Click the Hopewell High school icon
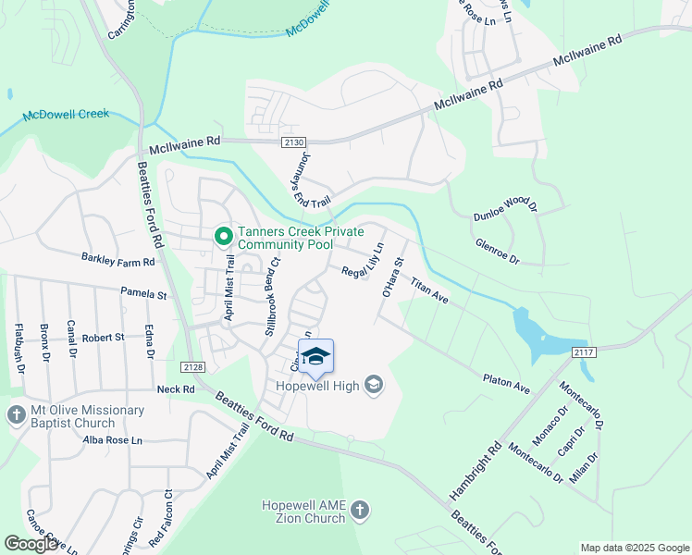point(374,385)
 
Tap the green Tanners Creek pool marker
point(223,238)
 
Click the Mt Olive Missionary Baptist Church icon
point(17,416)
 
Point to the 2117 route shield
point(582,351)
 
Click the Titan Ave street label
point(429,292)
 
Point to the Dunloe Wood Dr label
point(505,203)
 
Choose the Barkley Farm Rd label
point(117,262)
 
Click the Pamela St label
point(143,295)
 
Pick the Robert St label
point(103,338)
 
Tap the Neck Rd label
point(176,389)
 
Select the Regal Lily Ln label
point(362,265)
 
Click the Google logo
point(31,543)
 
